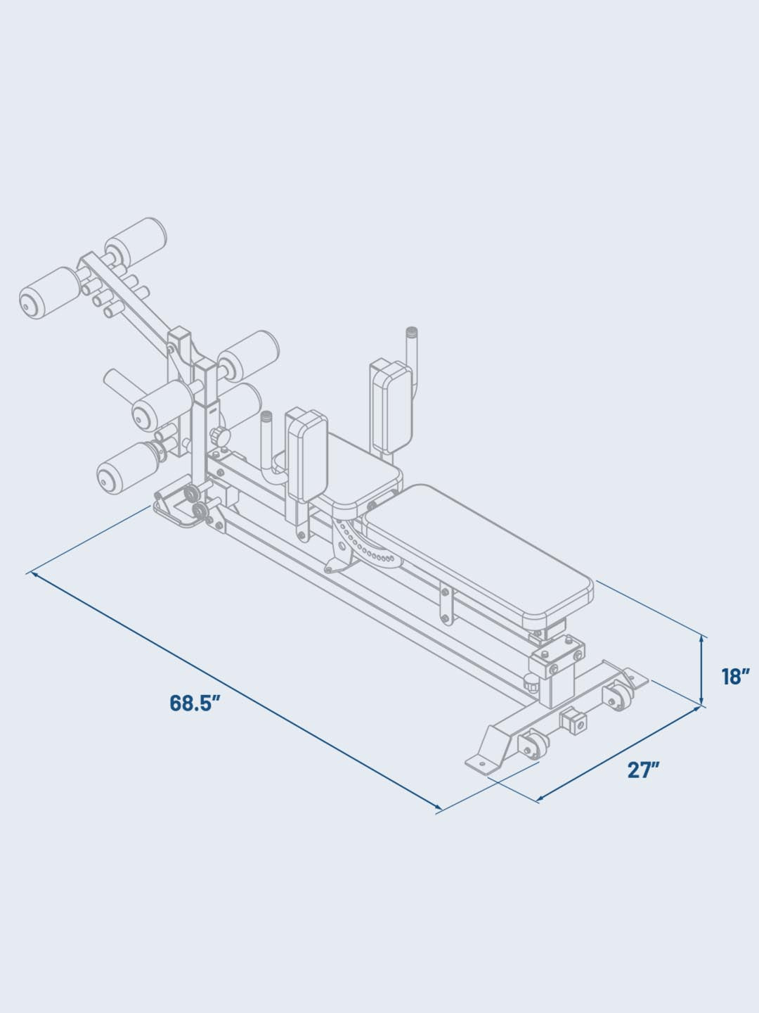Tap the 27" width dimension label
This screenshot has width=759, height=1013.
click(x=643, y=770)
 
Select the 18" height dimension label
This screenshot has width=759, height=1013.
click(x=737, y=677)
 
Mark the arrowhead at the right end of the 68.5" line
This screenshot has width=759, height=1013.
click(x=440, y=810)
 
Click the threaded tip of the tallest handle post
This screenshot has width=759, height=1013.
click(x=412, y=332)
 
